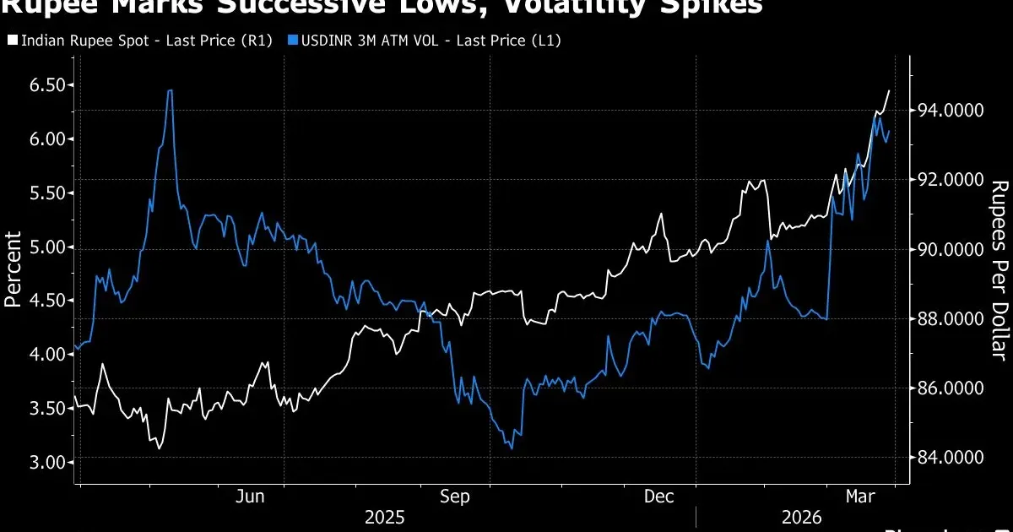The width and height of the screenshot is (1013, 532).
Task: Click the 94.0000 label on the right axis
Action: (x=945, y=111)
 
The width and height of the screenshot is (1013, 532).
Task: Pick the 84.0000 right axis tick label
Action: (x=945, y=458)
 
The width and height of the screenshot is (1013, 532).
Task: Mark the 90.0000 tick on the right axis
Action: (x=945, y=249)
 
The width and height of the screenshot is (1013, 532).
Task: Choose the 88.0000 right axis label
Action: (x=945, y=318)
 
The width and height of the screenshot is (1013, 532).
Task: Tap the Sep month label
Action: (x=456, y=497)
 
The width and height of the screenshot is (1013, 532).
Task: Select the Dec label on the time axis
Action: (x=659, y=497)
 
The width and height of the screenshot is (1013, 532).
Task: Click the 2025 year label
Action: (x=384, y=517)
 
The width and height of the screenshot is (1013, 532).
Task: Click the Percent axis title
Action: (x=14, y=269)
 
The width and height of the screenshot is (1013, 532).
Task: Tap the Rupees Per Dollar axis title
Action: (x=999, y=270)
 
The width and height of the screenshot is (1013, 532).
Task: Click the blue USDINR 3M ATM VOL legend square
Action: (x=292, y=40)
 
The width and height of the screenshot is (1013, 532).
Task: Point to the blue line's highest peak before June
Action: (x=171, y=90)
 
